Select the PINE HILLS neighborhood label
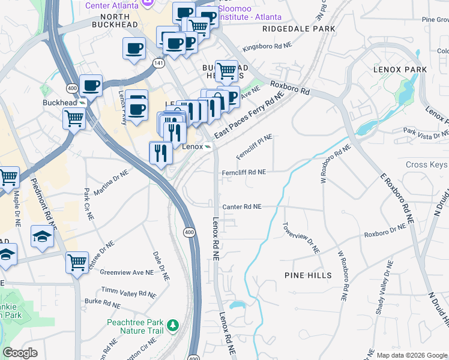coord(307,275)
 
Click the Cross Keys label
coord(426,165)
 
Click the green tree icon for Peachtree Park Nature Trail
coord(173,325)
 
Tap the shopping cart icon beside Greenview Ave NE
coord(77,262)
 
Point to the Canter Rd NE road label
coord(242,207)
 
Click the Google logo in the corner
coord(20,353)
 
